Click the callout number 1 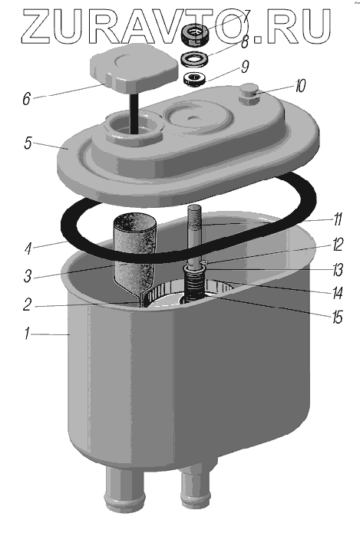[27, 334]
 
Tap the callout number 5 [28, 143]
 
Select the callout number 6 [27, 99]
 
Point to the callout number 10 [300, 86]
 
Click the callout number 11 [337, 219]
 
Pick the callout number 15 [337, 317]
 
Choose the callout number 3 [28, 276]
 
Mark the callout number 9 [245, 67]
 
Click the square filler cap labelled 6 [134, 68]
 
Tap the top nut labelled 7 [196, 35]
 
